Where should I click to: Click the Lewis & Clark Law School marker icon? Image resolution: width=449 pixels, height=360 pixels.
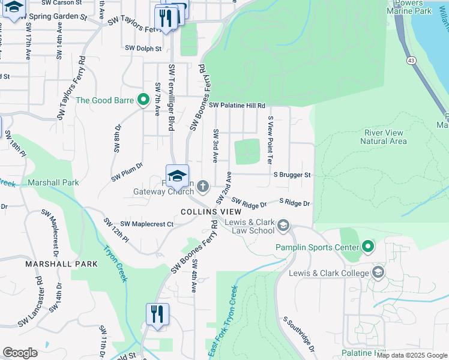pos(283,226)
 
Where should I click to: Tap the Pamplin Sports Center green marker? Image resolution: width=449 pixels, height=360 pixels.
pos(368,247)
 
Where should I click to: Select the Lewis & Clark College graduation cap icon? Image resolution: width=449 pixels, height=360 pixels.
pos(378,273)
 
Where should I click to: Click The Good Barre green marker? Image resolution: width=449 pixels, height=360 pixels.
pos(143,100)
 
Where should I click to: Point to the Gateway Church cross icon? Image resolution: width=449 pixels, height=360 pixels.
pos(203,184)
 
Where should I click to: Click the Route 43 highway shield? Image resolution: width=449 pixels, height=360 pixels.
pos(411,61)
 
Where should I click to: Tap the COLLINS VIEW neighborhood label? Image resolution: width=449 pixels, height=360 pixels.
pos(211,212)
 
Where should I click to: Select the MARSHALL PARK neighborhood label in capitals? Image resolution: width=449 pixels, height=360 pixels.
pos(61,263)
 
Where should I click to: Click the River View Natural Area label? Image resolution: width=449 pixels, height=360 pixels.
pos(384,137)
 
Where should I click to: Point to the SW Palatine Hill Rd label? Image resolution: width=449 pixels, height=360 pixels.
pos(237,106)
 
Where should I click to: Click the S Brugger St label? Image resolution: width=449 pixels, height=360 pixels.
pos(292,175)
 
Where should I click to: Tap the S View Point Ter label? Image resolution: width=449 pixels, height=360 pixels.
pos(271,140)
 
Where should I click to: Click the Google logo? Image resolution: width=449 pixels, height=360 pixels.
pos(20,353)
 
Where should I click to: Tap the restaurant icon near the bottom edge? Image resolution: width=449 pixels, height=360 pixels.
pos(157,314)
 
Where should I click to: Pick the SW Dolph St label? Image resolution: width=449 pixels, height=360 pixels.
pos(143,48)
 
